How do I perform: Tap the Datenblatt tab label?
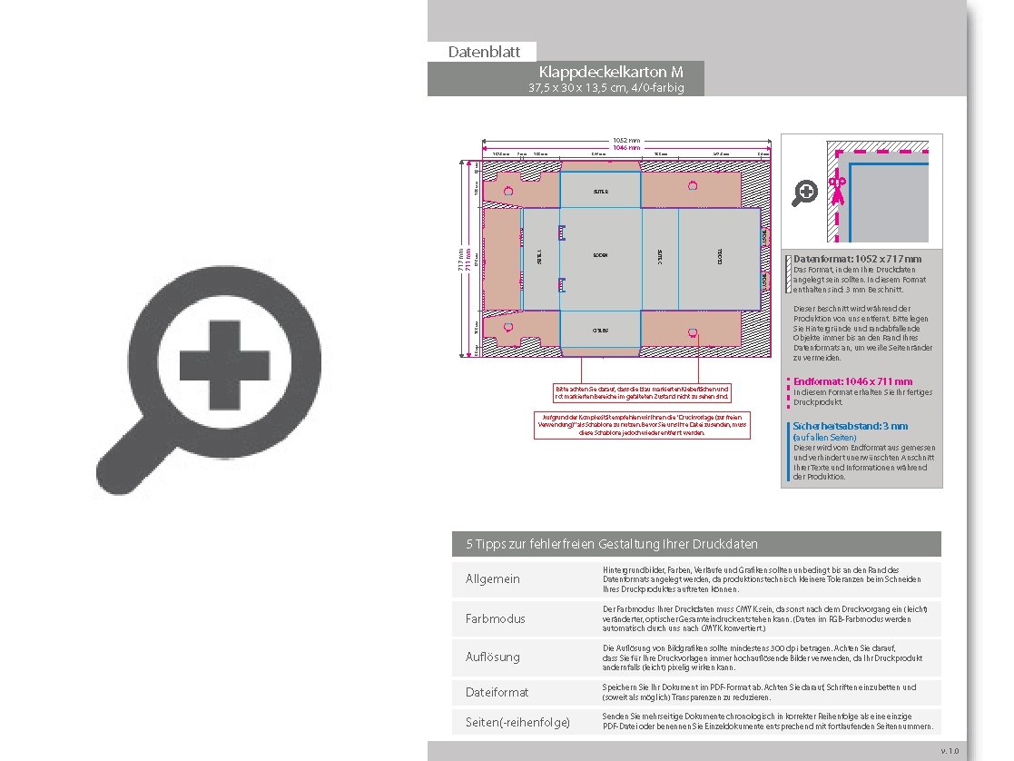pyautogui.click(x=481, y=52)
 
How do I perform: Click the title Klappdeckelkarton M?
pyautogui.click(x=610, y=72)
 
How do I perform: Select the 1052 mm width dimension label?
pyautogui.click(x=626, y=140)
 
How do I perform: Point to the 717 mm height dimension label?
pyautogui.click(x=461, y=260)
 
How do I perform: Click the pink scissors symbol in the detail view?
pyautogui.click(x=836, y=192)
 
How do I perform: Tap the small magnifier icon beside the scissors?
pyautogui.click(x=805, y=193)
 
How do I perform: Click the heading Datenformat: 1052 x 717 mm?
pyautogui.click(x=857, y=260)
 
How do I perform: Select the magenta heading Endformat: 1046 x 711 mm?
pyautogui.click(x=852, y=381)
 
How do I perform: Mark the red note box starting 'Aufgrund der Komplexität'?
pyautogui.click(x=642, y=425)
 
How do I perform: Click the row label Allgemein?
pyautogui.click(x=493, y=579)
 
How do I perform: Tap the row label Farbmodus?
pyautogui.click(x=496, y=618)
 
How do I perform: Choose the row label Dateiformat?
pyautogui.click(x=497, y=692)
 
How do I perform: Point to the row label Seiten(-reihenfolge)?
pyautogui.click(x=517, y=722)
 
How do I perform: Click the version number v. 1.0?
pyautogui.click(x=950, y=751)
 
